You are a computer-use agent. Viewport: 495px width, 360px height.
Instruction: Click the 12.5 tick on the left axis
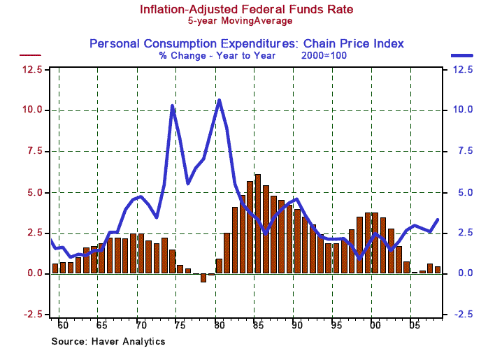(x=31, y=69)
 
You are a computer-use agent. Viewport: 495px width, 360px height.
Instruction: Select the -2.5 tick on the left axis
(x=30, y=315)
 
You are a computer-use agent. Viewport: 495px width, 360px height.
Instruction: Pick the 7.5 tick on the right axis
(x=465, y=151)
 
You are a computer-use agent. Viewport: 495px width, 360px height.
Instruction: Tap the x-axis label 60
(x=62, y=326)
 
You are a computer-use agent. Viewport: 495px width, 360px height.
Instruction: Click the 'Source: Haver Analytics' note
(x=108, y=341)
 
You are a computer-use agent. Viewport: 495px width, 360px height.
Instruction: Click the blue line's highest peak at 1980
(x=220, y=100)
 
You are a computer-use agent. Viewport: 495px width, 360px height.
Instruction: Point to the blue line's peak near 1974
(x=172, y=106)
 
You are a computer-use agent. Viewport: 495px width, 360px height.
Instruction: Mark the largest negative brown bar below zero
(x=203, y=278)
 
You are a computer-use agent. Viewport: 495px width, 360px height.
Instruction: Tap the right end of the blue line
(x=438, y=219)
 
